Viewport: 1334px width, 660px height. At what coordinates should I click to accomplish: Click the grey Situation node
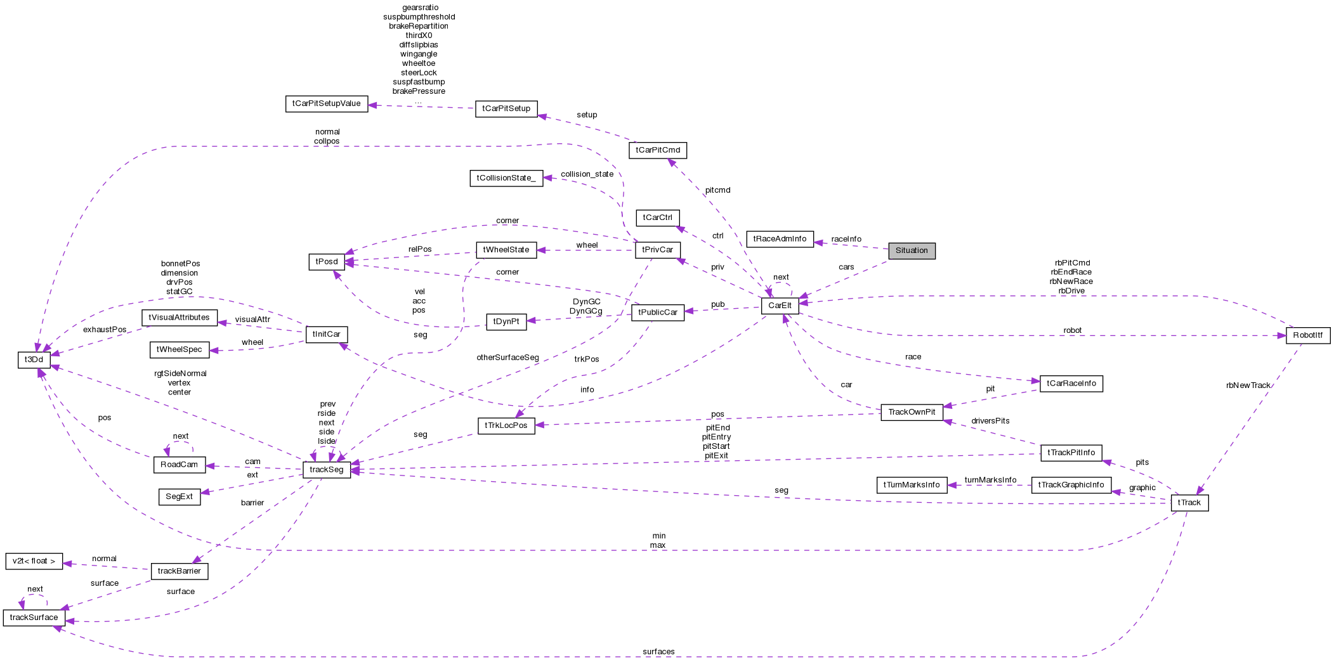(911, 250)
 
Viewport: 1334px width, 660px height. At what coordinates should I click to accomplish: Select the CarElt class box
(779, 306)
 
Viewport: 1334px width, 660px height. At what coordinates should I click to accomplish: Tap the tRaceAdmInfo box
(780, 239)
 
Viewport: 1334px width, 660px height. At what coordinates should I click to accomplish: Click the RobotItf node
(1307, 335)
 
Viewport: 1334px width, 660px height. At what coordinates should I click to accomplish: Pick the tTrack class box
(1189, 503)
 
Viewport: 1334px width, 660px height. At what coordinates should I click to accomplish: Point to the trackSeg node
(327, 470)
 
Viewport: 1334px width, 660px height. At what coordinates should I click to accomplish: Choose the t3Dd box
(34, 359)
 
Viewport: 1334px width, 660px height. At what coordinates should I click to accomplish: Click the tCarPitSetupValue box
(326, 103)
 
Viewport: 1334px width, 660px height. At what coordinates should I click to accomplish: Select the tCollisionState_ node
(506, 178)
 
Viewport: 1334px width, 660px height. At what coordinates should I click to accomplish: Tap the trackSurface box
(34, 618)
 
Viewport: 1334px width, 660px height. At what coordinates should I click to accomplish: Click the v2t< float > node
(34, 561)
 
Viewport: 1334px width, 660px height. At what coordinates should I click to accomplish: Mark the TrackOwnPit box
(911, 412)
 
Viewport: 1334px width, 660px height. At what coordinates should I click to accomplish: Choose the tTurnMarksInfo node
(911, 485)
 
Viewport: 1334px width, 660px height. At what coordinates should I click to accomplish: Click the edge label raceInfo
(846, 239)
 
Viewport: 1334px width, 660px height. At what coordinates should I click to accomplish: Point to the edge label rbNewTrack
(1248, 385)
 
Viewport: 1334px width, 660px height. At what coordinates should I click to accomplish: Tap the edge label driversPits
(990, 421)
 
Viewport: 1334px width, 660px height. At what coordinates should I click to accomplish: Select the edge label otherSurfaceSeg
(507, 358)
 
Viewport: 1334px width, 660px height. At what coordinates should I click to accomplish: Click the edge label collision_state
(587, 174)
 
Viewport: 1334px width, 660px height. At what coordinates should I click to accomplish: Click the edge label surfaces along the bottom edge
(658, 652)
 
